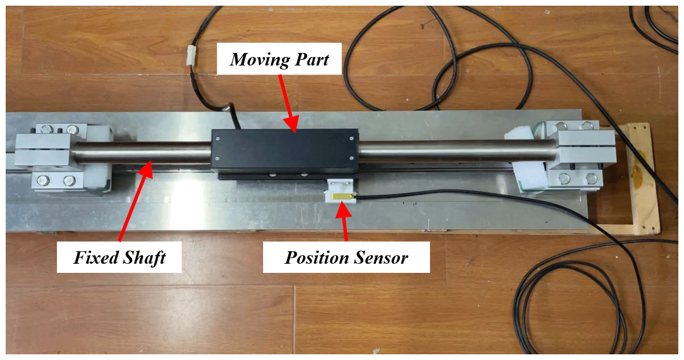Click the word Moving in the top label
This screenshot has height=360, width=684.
coord(254,59)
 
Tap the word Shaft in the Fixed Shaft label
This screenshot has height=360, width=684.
coord(143,258)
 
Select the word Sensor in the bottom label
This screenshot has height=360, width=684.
coord(382,258)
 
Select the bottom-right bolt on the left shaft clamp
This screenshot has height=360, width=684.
coord(69,181)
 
